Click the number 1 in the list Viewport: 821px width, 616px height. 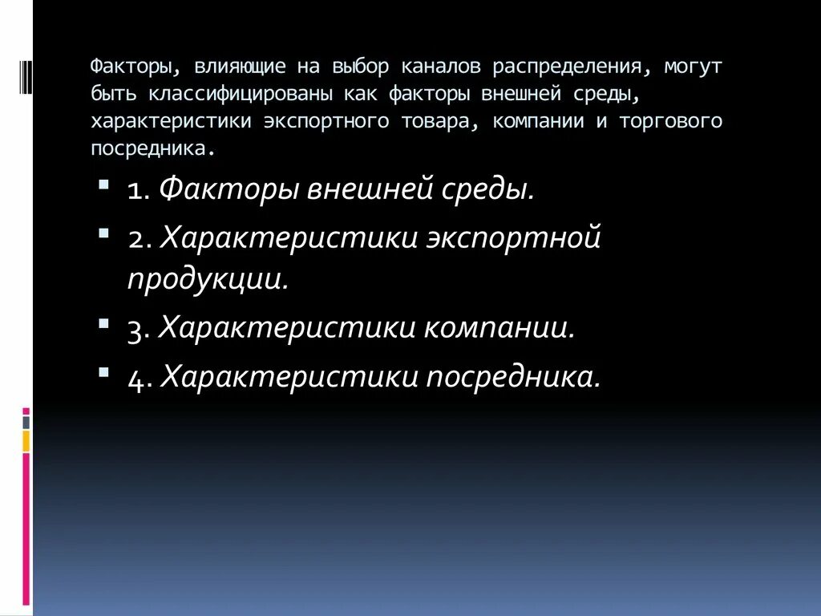tap(135, 192)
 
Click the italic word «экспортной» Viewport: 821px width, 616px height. tap(513, 238)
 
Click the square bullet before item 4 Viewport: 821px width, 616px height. tap(105, 371)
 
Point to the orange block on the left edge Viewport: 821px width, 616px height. tap(26, 440)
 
